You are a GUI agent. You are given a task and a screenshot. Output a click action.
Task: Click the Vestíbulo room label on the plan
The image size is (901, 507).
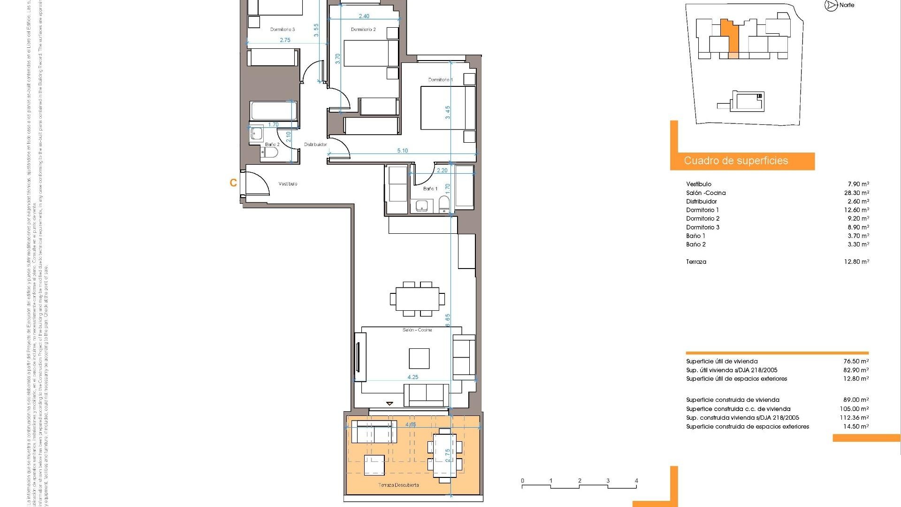point(288,184)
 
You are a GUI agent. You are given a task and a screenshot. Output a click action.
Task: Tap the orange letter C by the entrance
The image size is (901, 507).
point(233,183)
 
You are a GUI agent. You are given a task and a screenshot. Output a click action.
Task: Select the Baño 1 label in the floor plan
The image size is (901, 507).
point(430,189)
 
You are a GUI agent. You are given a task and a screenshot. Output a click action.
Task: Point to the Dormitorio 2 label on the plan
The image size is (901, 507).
point(363,30)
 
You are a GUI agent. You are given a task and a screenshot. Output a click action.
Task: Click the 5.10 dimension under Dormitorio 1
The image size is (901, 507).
point(402,151)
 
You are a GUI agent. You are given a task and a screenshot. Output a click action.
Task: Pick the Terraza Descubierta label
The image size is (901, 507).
point(398,485)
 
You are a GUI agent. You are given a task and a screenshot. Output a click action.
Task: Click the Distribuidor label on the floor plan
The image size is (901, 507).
point(315,145)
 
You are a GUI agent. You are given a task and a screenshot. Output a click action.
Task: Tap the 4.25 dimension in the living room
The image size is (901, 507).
point(412,377)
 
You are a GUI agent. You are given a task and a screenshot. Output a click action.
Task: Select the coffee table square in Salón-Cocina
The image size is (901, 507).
point(419,358)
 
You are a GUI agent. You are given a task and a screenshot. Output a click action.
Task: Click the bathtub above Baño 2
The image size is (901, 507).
point(273,111)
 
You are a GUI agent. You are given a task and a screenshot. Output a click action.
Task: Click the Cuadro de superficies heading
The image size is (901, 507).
point(736,161)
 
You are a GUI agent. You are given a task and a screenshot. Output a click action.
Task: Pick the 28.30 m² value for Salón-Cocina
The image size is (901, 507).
point(856,193)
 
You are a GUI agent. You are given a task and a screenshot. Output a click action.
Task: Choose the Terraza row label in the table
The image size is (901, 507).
point(696,262)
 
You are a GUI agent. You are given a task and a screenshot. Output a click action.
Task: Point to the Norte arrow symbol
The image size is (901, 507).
point(831,6)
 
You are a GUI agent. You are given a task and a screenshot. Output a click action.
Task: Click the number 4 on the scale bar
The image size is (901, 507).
point(636,481)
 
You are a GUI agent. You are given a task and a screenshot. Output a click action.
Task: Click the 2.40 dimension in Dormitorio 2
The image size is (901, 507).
point(364,16)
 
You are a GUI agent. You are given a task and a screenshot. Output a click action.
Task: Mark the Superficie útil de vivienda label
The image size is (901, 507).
point(722,361)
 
